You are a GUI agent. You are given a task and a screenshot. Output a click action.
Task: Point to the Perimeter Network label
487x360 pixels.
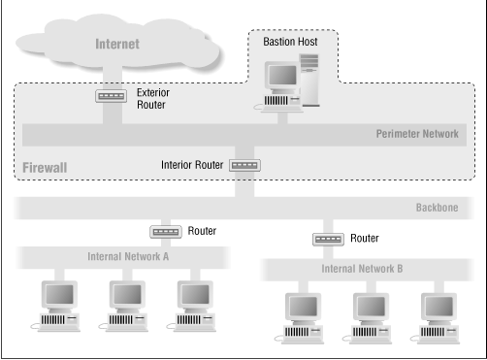tap(416, 134)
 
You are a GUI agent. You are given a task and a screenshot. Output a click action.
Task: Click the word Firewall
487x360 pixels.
tap(45, 169)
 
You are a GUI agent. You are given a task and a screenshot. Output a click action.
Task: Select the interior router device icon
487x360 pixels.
tap(244, 165)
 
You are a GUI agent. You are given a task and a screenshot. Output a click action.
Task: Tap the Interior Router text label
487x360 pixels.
tap(191, 164)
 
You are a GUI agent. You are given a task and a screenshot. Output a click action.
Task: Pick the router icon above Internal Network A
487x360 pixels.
tap(165, 232)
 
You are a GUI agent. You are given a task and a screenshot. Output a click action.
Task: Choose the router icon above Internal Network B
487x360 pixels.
tap(329, 238)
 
